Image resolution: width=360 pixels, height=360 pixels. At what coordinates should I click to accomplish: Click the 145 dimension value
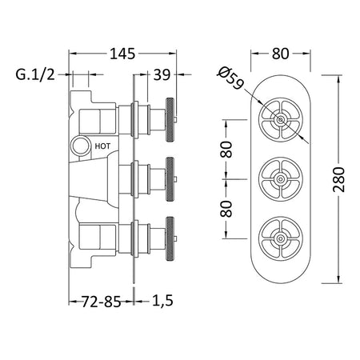(x=122, y=54)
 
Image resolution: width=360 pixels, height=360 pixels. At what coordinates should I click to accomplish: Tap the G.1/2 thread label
(x=35, y=74)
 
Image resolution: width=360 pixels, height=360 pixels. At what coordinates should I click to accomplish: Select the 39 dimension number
(x=162, y=75)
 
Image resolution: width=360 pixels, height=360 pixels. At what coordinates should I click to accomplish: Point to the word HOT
(x=102, y=146)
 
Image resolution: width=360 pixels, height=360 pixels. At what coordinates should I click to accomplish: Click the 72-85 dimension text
(x=101, y=302)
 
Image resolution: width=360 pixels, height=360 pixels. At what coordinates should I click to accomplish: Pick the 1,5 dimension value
(x=162, y=301)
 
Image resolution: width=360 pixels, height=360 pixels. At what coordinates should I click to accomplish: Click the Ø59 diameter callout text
(x=230, y=78)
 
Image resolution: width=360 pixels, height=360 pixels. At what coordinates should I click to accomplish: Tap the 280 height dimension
(x=338, y=179)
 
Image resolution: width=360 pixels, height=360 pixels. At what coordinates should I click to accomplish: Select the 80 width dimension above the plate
(x=281, y=54)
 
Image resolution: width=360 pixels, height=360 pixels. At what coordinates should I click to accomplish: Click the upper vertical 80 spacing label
(x=226, y=150)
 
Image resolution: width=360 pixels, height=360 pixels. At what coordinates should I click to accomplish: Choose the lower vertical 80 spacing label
(x=226, y=209)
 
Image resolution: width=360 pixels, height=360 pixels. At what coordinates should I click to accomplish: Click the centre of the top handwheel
(x=280, y=120)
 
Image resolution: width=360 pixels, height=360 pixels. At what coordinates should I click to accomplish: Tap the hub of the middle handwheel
(x=280, y=179)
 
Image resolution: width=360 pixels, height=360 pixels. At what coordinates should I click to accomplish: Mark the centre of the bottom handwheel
(x=280, y=238)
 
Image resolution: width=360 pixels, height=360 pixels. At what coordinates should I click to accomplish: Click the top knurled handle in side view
(x=170, y=120)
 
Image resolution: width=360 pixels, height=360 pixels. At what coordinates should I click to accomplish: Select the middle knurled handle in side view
(x=170, y=179)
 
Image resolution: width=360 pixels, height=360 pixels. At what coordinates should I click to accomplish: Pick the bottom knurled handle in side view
(x=170, y=238)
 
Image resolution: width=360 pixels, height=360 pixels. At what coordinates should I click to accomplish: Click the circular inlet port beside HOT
(x=80, y=146)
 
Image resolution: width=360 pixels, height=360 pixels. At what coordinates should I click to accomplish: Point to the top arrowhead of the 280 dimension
(x=339, y=79)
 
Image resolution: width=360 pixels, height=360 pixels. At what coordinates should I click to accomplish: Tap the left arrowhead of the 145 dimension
(x=73, y=54)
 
